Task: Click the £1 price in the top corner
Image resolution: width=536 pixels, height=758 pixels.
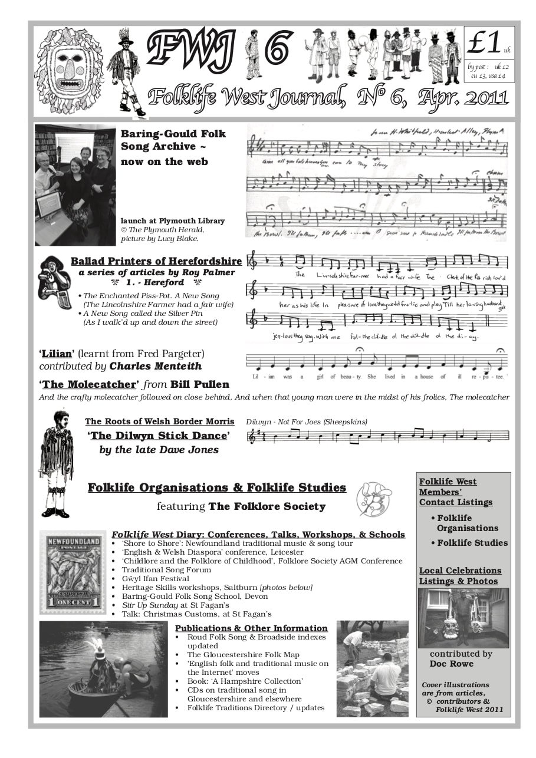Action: [485, 42]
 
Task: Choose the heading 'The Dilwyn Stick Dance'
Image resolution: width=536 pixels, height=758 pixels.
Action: [159, 436]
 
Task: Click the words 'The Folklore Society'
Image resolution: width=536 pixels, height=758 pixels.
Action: [267, 506]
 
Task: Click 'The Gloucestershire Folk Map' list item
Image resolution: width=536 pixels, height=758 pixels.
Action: [243, 654]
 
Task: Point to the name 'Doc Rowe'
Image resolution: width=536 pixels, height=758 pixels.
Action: [451, 664]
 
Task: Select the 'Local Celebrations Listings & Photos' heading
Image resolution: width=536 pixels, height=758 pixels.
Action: [460, 576]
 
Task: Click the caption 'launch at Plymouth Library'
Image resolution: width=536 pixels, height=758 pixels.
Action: [172, 221]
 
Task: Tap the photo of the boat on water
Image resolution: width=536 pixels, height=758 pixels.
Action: [103, 669]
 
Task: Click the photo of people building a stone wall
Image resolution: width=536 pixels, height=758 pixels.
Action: [371, 669]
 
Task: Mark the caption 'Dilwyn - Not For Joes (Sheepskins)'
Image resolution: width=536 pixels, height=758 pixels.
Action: [306, 421]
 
